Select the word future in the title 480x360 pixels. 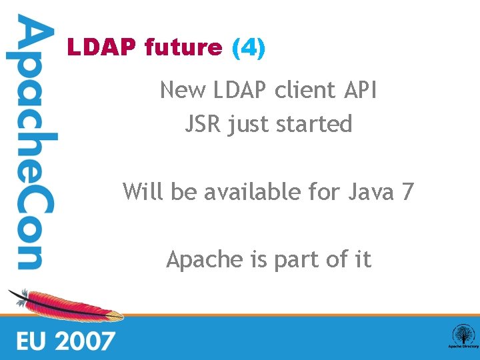tap(183, 48)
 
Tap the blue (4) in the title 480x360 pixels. tap(248, 48)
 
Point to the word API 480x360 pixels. tap(359, 90)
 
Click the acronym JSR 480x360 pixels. tap(203, 124)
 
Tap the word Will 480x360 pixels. tap(143, 192)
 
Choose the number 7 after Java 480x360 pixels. tap(407, 192)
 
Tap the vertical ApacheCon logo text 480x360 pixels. tap(30, 143)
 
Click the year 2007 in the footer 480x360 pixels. tap(85, 341)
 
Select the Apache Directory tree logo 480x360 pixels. tap(462, 335)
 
